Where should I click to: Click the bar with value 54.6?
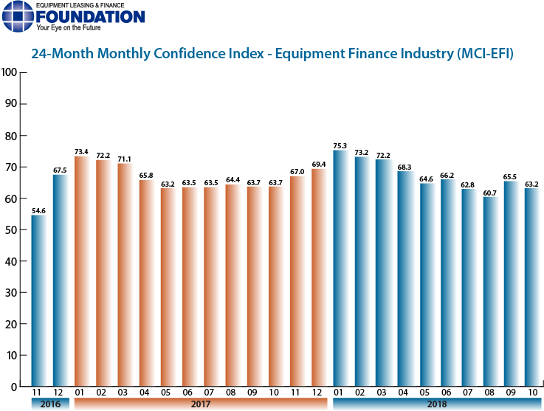click(x=38, y=300)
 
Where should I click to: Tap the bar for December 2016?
click(x=60, y=280)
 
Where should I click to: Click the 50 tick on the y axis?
click(x=12, y=229)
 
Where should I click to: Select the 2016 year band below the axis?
click(x=49, y=404)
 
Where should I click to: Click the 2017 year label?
click(x=200, y=404)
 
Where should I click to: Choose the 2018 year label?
click(x=437, y=404)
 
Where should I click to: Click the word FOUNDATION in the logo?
click(x=90, y=16)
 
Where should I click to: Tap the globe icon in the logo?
click(x=16, y=16)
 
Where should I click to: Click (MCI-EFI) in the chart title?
click(x=485, y=55)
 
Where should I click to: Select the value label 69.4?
click(x=318, y=164)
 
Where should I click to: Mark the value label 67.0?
click(x=297, y=171)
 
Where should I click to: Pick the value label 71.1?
click(x=124, y=159)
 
